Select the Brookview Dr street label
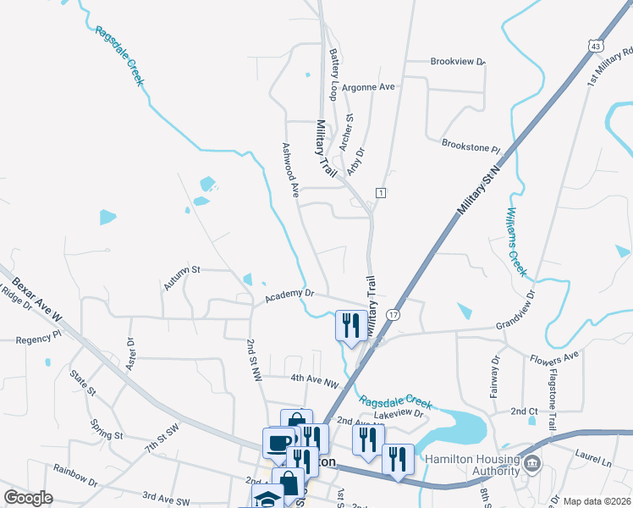pos(458,62)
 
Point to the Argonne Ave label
pos(374,87)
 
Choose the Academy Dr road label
pos(289,295)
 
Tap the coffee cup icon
pos(278,443)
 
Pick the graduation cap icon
pos(267,498)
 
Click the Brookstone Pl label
pos(471,146)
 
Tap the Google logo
pos(28,498)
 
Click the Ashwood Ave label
pos(290,169)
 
